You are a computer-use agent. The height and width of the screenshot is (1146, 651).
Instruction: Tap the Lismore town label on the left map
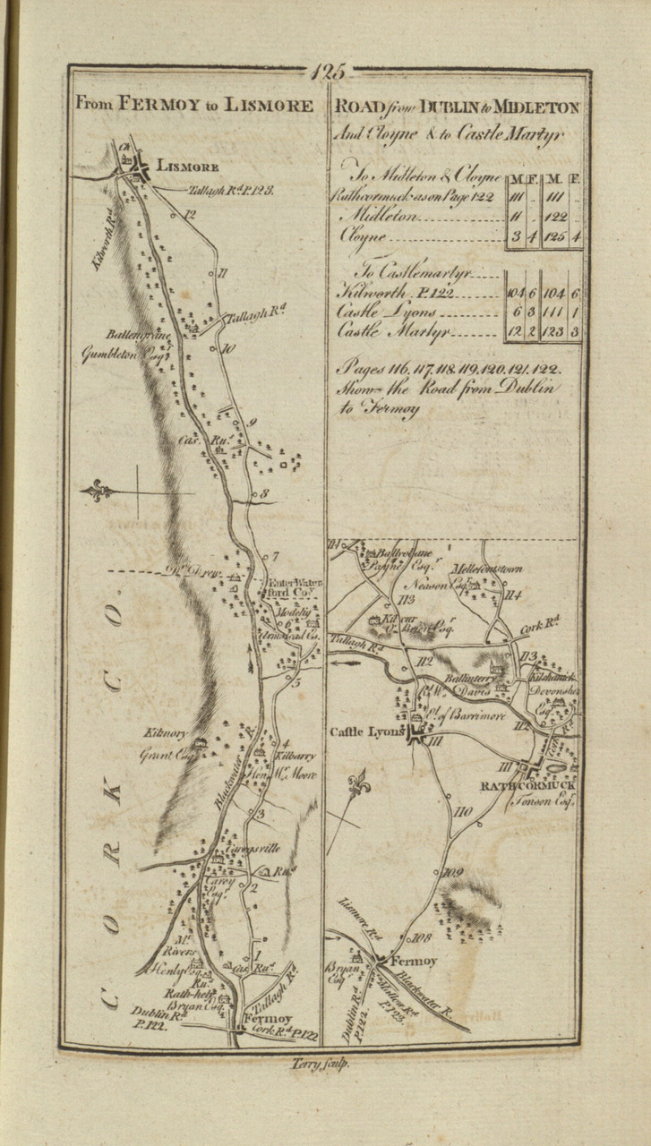pyautogui.click(x=187, y=165)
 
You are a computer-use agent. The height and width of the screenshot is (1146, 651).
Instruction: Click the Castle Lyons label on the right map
pyautogui.click(x=368, y=732)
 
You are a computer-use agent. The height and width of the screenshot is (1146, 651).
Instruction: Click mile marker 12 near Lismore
pyautogui.click(x=190, y=214)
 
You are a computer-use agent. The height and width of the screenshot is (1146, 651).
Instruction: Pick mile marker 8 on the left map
pyautogui.click(x=264, y=493)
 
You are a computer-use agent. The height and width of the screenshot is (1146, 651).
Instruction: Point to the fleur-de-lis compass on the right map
pyautogui.click(x=360, y=783)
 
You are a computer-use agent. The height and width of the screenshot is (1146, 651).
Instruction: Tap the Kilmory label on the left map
pyautogui.click(x=161, y=733)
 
